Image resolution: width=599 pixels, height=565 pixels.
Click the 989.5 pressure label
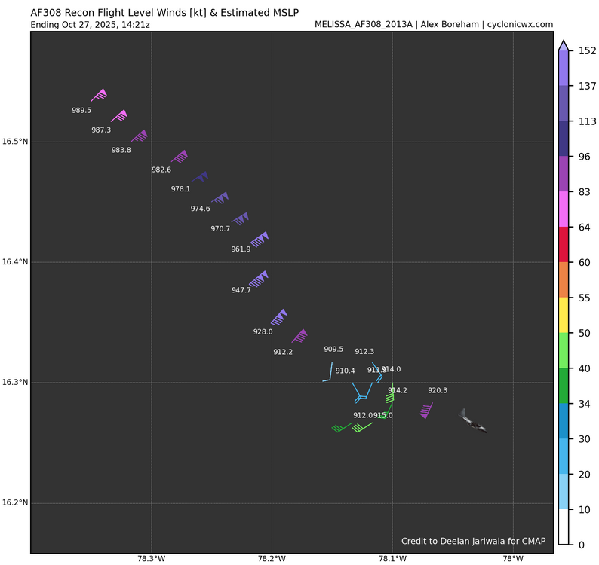[81, 111]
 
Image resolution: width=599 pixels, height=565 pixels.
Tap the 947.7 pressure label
[241, 290]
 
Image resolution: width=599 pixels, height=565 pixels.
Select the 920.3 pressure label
[438, 390]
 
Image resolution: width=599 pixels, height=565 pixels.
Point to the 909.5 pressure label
[333, 350]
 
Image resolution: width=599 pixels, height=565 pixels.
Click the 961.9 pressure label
[241, 249]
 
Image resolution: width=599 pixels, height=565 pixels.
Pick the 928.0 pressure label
[263, 331]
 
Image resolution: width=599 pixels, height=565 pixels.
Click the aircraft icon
[473, 422]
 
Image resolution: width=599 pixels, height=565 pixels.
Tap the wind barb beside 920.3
[425, 410]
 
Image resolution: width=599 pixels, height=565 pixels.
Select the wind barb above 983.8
[140, 136]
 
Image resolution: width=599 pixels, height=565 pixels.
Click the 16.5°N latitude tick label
[14, 142]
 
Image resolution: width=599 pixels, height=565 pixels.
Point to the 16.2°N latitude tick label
[14, 503]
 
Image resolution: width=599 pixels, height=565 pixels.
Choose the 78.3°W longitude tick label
[151, 559]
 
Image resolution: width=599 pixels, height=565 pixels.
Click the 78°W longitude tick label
[513, 559]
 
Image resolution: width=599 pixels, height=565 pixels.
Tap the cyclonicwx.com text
[518, 25]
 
